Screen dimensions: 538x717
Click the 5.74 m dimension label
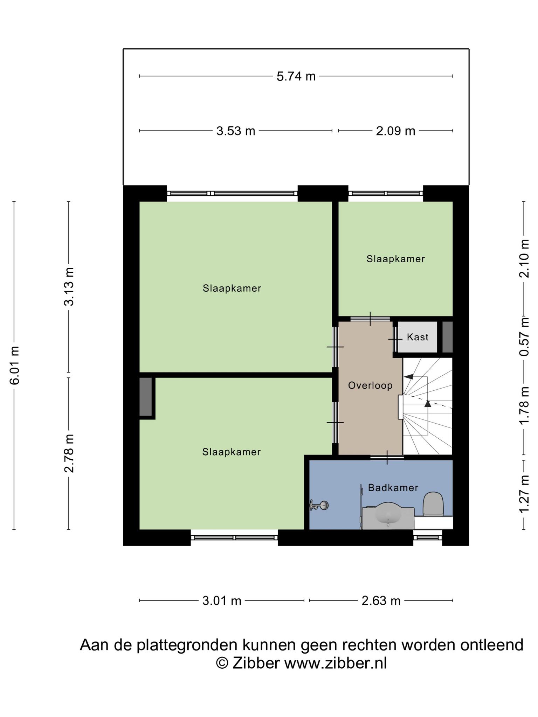click(296, 76)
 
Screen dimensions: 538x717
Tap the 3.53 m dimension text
click(236, 131)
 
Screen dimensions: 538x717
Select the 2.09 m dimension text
click(395, 131)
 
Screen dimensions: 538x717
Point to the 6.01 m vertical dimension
click(15, 365)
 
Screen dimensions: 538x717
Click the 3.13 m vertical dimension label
click(69, 287)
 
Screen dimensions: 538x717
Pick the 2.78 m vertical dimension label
click(69, 453)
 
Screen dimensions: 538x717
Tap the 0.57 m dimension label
click(524, 336)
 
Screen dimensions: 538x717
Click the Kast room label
click(418, 337)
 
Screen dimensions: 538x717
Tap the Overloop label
click(370, 385)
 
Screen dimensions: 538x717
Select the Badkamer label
click(393, 488)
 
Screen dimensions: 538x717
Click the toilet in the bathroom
click(434, 504)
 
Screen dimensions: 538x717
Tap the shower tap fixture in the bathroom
click(319, 505)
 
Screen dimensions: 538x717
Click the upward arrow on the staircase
click(427, 403)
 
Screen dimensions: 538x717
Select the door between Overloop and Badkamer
click(387, 457)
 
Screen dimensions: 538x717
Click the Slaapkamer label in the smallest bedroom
click(395, 259)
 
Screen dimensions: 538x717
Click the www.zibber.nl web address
click(335, 663)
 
